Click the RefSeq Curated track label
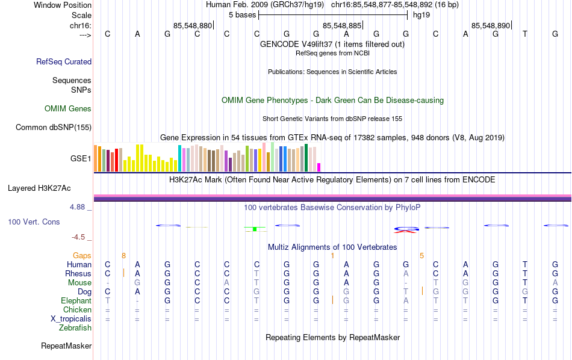pos(64,61)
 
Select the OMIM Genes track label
pos(68,109)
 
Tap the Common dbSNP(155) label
pos(54,127)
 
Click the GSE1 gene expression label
pos(81,159)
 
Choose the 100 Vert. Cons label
pos(34,222)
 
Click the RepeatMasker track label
pos(66,346)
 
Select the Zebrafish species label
pos(75,328)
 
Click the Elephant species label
pos(76,300)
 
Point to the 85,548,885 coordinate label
pos(342,26)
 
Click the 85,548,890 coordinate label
pos(491,26)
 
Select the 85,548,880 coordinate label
pos(192,26)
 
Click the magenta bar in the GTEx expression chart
pos(319,167)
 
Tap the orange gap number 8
pos(123,255)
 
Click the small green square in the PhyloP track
pos(255,229)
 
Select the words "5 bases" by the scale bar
pos(242,14)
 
